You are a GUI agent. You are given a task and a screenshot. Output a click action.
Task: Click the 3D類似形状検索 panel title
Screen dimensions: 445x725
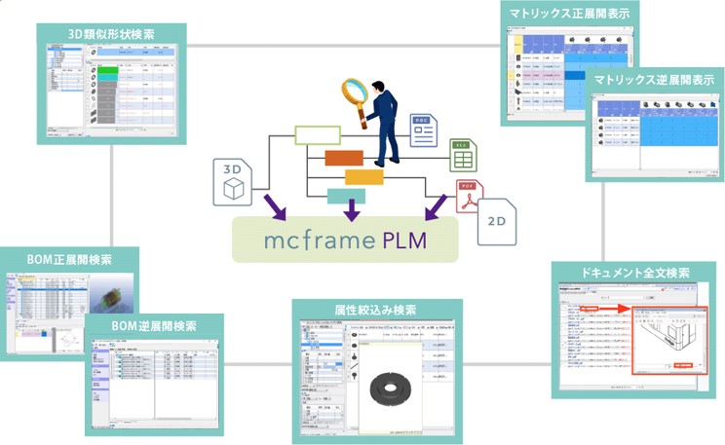click(111, 34)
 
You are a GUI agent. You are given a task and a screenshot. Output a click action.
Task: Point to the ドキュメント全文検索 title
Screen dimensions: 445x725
click(634, 274)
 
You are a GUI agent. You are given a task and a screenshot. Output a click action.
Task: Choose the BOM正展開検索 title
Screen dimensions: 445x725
click(69, 260)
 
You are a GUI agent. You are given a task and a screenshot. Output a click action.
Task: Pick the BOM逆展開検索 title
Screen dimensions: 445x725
click(154, 325)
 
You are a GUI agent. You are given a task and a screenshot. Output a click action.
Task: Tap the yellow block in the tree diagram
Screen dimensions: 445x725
click(363, 177)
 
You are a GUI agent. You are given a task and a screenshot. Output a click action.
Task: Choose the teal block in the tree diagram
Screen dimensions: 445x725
click(346, 195)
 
